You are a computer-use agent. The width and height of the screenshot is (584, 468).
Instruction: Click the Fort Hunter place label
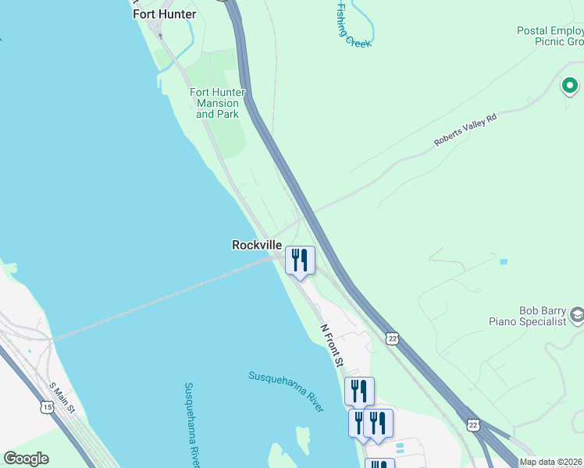coord(164,13)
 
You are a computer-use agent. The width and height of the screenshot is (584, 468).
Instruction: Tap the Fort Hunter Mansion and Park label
coord(218,103)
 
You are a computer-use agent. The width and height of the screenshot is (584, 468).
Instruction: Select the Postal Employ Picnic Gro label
coord(550,37)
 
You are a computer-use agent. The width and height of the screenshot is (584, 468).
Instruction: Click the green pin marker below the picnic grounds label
coord(570,86)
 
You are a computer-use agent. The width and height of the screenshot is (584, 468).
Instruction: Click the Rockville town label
coord(257,245)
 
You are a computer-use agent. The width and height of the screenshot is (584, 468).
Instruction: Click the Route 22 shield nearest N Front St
coord(391,337)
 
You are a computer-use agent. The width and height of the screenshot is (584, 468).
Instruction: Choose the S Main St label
coord(62,397)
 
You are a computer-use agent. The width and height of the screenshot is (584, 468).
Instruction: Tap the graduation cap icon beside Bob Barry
coord(577,315)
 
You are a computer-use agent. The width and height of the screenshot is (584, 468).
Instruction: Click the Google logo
coord(26,459)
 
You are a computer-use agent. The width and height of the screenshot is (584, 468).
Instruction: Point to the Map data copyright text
coord(551,462)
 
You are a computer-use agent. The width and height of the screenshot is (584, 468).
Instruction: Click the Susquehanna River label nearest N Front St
coord(286,391)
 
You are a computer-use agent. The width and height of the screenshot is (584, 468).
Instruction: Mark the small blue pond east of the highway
coord(503,261)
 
